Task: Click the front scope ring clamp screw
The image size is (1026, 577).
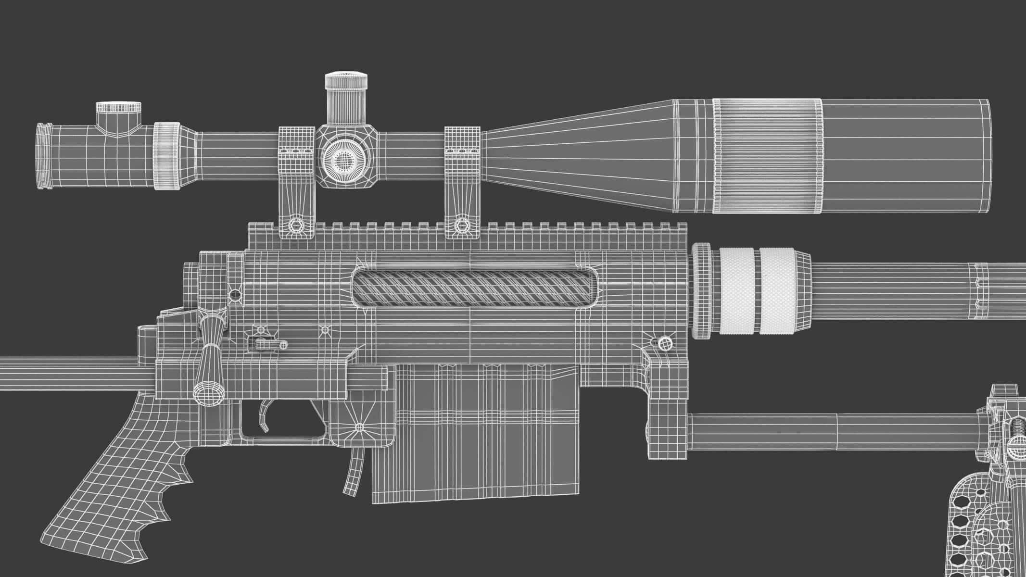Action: (462, 225)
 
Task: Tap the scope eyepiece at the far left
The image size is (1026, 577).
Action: (44, 155)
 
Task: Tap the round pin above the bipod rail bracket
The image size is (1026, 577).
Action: (665, 342)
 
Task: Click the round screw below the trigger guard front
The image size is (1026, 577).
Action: (359, 427)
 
